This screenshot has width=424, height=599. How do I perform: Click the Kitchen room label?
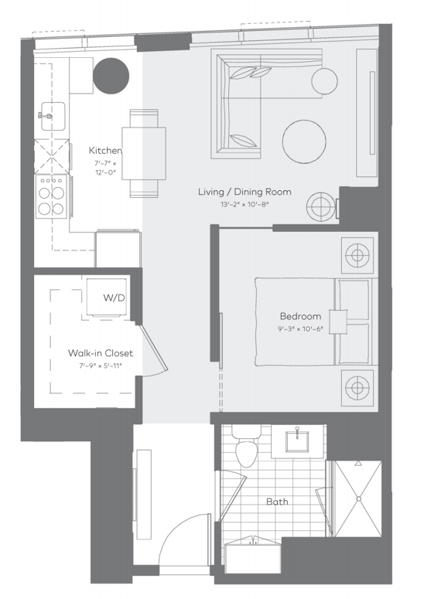click(105, 150)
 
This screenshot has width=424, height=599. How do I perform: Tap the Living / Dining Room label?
click(244, 192)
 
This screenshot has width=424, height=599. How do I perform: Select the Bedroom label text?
click(300, 316)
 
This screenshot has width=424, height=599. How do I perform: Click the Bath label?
click(277, 502)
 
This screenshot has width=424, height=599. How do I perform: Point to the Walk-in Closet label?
click(94, 353)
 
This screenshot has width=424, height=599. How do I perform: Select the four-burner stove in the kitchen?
click(52, 196)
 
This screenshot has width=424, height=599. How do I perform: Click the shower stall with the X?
click(357, 499)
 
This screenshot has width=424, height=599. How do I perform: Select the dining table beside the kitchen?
click(147, 152)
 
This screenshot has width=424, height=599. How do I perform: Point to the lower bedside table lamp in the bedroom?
click(357, 385)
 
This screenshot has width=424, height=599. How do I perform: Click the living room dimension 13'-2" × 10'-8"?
click(244, 205)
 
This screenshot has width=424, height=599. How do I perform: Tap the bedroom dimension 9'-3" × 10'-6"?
click(300, 328)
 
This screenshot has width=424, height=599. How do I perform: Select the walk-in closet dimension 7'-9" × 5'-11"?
click(94, 366)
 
